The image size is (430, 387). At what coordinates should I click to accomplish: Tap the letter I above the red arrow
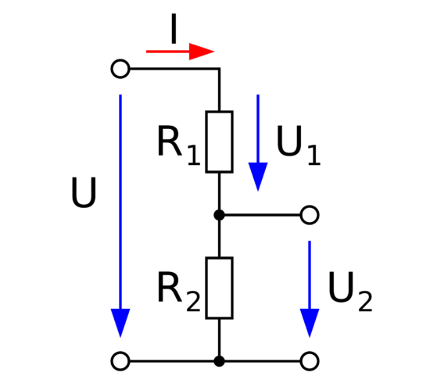click(x=174, y=29)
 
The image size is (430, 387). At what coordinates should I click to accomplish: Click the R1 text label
click(x=179, y=145)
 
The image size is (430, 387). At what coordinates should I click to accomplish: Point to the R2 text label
click(x=179, y=292)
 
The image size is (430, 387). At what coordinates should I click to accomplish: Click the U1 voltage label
click(x=299, y=145)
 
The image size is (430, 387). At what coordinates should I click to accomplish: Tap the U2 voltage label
click(x=350, y=292)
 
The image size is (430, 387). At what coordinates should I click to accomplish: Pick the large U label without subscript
click(x=84, y=192)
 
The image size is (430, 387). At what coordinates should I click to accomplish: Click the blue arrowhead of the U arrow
click(x=120, y=323)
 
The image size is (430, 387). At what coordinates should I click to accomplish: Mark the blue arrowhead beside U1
click(x=258, y=177)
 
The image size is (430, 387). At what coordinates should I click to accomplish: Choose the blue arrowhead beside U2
click(x=310, y=323)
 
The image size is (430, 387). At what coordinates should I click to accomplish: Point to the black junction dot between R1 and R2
click(x=220, y=215)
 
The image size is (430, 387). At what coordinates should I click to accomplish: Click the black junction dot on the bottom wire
click(x=220, y=361)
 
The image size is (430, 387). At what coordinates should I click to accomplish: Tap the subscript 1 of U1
click(x=314, y=155)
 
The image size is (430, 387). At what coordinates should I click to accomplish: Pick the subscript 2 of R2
click(x=193, y=301)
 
